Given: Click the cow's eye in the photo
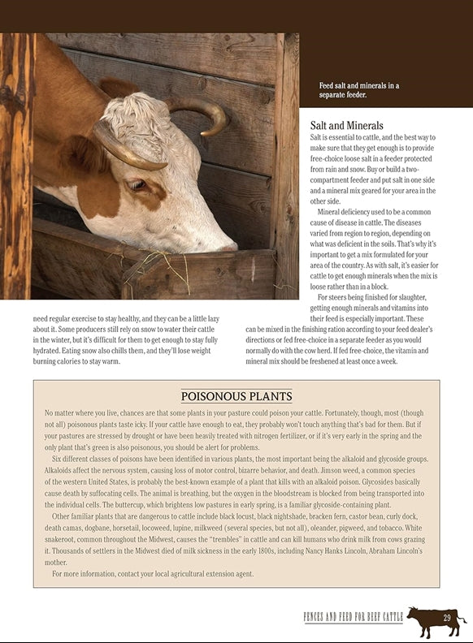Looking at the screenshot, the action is pyautogui.click(x=137, y=184).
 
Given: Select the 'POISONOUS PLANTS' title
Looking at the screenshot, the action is pyautogui.click(x=236, y=397).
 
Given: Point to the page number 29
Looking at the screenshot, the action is pyautogui.click(x=447, y=619).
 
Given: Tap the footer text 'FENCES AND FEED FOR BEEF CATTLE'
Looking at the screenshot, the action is pyautogui.click(x=353, y=619).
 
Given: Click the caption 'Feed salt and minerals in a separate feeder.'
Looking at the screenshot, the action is pyautogui.click(x=358, y=90).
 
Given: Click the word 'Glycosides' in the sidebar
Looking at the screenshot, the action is pyautogui.click(x=395, y=482).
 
